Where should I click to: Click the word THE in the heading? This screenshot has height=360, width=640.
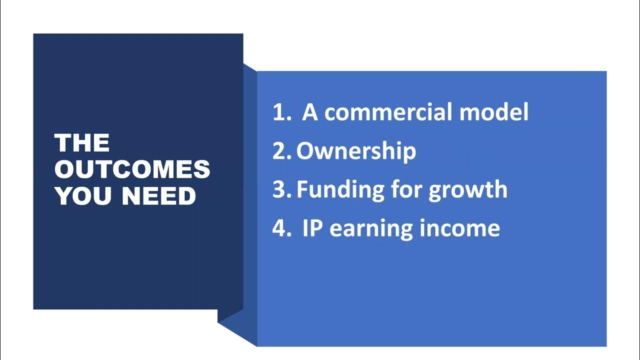pyautogui.click(x=82, y=143)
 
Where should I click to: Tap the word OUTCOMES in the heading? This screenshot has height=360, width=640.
pyautogui.click(x=132, y=170)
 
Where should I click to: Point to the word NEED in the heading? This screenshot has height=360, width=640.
pyautogui.click(x=159, y=196)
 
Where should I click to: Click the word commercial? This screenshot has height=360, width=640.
pyautogui.click(x=389, y=113)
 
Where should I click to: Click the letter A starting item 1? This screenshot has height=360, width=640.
pyautogui.click(x=310, y=113)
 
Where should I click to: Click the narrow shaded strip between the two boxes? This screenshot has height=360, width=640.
pyautogui.click(x=249, y=200)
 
